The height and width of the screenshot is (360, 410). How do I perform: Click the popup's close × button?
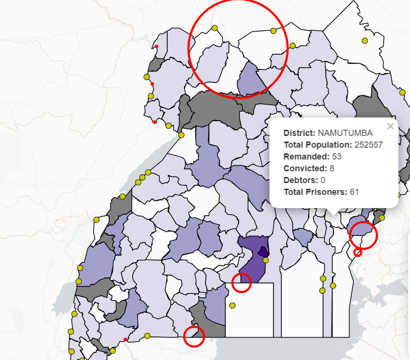tap(390, 126)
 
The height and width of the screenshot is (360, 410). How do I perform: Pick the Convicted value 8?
tap(332, 168)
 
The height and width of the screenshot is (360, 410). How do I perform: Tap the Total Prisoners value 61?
tap(354, 192)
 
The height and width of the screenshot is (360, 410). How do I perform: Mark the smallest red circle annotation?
tap(358, 253)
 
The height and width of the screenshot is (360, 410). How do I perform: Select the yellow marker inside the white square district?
tap(232, 305)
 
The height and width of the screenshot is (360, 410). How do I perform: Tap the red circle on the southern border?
tap(194, 336)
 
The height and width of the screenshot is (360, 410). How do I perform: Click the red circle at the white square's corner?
tap(241, 282)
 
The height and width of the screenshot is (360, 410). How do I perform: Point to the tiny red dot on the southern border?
tap(125, 339)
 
